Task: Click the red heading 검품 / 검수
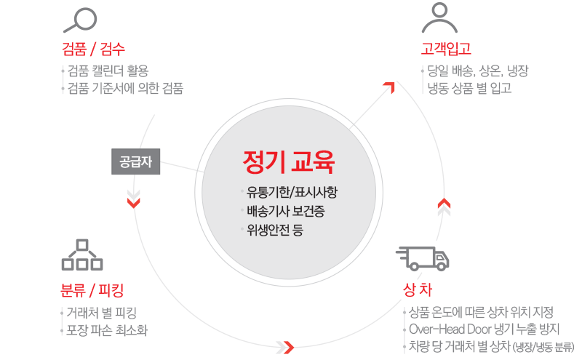click(94, 50)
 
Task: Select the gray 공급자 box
click(135, 161)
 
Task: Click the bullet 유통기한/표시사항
click(292, 193)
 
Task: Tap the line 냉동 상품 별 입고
click(470, 89)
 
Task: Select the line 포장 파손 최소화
click(106, 331)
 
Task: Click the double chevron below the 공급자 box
click(134, 198)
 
